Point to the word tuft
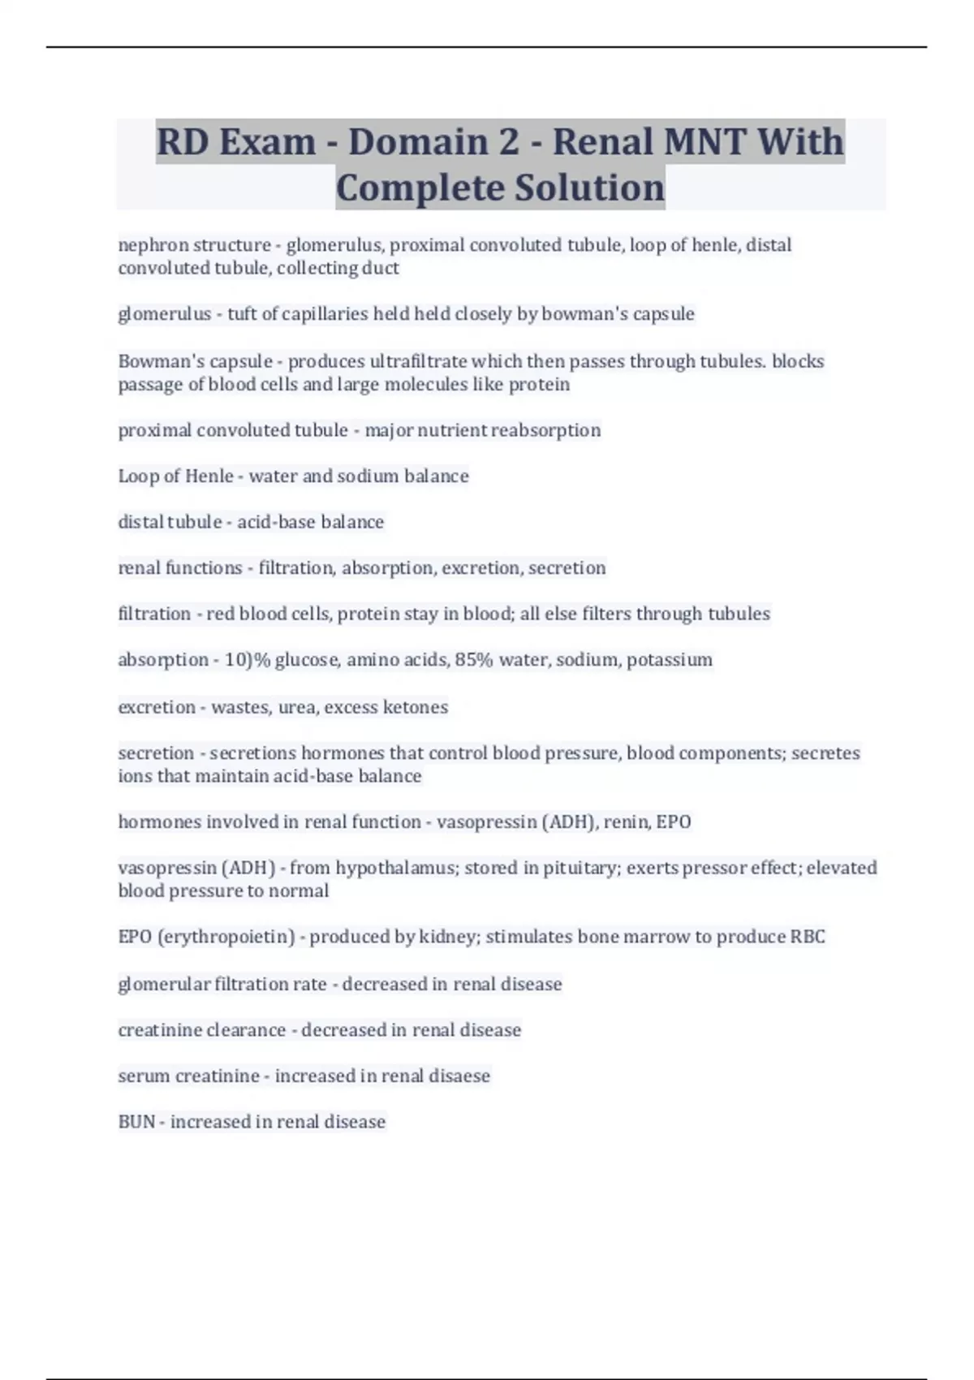[x=242, y=314]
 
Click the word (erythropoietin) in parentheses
[x=226, y=937]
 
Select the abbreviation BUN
[x=136, y=1122]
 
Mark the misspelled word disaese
[x=459, y=1076]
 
